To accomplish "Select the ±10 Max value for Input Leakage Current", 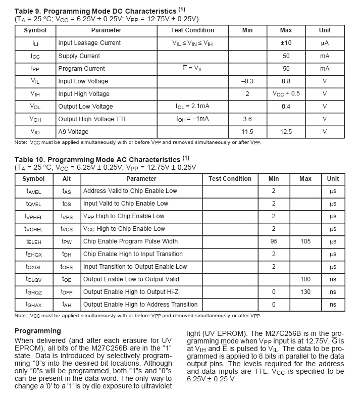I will (286, 43).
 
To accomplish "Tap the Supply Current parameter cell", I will (79, 56).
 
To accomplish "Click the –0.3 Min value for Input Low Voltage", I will (247, 81).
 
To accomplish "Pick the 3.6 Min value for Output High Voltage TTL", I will (247, 119).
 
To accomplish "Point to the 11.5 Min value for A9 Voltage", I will (247, 132).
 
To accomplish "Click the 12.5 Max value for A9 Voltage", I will (286, 132).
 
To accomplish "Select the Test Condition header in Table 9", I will (192, 30).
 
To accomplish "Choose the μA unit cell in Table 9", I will (325, 43).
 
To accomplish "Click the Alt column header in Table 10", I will (67, 179).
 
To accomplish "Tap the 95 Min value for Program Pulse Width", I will (274, 241).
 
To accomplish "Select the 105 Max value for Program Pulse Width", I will (305, 241).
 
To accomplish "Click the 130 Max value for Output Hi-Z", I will (305, 292).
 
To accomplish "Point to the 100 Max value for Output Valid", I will (305, 279).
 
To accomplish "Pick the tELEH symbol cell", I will (34, 242).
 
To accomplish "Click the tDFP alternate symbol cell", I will (67, 292).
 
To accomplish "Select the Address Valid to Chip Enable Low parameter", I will (130, 191).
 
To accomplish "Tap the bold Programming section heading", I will (37, 331).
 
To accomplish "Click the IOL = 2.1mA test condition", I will (192, 107).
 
